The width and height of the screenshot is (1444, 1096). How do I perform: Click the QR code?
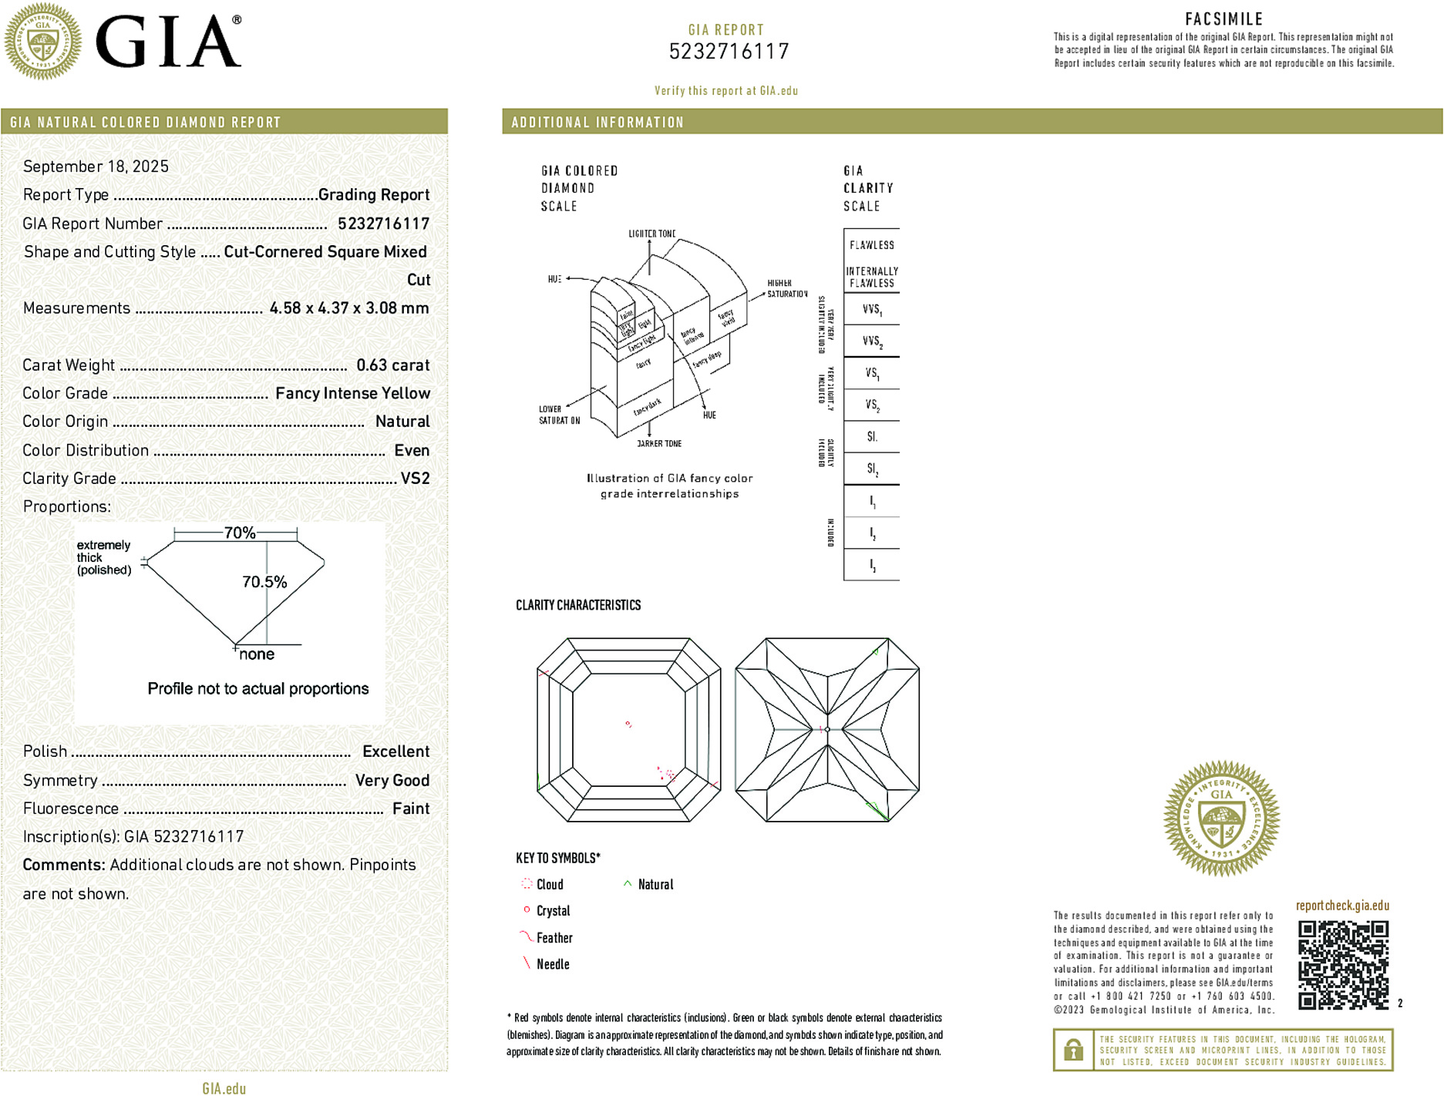tap(1342, 964)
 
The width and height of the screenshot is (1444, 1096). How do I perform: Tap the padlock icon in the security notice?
tap(1073, 1050)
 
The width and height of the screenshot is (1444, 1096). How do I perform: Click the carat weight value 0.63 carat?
tap(392, 365)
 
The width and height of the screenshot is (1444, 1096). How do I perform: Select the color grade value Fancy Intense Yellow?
tap(352, 394)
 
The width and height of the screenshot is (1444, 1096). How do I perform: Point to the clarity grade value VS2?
tap(415, 479)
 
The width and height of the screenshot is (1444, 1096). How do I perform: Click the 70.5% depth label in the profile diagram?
tap(264, 582)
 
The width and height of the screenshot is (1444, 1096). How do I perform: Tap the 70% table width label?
tap(239, 533)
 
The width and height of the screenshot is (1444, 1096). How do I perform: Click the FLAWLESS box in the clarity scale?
tap(872, 245)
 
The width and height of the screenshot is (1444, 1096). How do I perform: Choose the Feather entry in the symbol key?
tap(554, 938)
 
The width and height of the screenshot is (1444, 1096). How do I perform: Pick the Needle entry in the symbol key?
tap(552, 964)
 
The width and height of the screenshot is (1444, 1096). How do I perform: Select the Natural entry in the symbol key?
tap(655, 885)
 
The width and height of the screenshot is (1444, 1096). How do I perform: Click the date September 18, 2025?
tap(96, 166)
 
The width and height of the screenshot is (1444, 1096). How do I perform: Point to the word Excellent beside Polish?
tap(396, 751)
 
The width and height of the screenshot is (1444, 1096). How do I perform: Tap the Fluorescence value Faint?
tap(411, 809)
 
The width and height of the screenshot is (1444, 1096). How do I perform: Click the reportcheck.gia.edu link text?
tap(1342, 906)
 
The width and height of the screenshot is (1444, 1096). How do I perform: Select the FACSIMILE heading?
tap(1224, 19)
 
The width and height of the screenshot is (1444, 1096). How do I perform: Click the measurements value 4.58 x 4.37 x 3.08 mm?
tap(348, 308)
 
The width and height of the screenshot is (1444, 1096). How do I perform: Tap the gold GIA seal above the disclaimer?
tap(1221, 819)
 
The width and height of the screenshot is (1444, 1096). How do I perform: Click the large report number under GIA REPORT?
tap(729, 52)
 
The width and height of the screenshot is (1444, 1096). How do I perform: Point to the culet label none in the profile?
tap(257, 654)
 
